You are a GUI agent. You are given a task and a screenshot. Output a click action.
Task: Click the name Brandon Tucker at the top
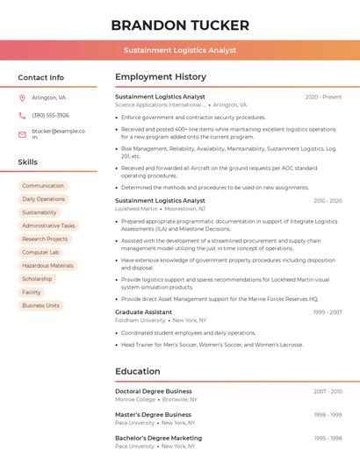180,25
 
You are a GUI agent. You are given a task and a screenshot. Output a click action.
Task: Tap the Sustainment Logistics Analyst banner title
180,50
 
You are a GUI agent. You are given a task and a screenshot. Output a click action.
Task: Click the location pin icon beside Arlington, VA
22,97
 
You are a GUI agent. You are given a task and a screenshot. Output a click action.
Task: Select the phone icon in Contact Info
22,115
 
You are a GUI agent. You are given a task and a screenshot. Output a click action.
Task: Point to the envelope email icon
22,134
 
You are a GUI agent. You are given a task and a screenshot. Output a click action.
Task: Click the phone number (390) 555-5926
50,115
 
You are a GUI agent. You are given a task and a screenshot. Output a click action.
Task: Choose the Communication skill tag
43,186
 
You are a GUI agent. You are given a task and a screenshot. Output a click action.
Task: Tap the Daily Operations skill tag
43,199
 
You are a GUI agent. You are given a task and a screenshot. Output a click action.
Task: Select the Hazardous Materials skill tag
47,266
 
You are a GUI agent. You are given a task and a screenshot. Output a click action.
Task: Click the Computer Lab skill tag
40,253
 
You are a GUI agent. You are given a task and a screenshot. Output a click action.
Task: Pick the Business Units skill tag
40,305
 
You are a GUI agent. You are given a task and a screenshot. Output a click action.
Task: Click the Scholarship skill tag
37,279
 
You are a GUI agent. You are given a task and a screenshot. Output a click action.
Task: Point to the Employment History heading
161,77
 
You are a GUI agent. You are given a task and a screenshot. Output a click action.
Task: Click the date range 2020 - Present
323,97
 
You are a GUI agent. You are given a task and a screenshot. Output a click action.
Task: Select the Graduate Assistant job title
143,312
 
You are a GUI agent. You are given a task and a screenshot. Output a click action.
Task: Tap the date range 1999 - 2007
328,312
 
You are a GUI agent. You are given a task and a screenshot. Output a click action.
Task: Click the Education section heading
137,371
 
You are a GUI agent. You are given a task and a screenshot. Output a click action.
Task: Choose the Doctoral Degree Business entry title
154,391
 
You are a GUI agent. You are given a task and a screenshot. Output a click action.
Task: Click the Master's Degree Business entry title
153,415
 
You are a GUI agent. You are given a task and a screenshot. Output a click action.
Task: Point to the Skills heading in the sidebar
28,162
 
